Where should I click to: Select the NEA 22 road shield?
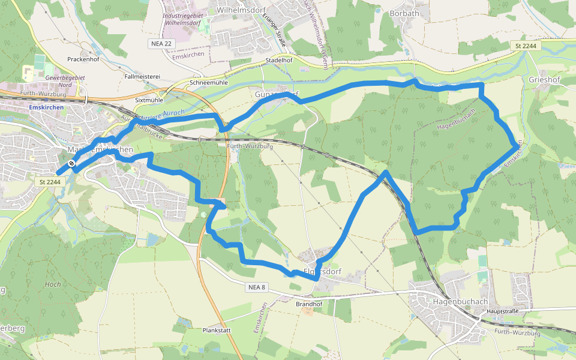[x=160, y=44]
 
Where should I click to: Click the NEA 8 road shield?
[x=256, y=287]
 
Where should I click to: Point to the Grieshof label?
[x=544, y=79]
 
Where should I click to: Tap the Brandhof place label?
[x=309, y=304]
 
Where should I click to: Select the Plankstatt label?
[x=217, y=331]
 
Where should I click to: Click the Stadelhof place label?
[x=282, y=61]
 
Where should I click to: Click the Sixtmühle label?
[x=149, y=100]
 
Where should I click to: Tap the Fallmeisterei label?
[x=142, y=77]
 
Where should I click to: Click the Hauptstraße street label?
[x=503, y=311]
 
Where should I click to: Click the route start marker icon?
[x=71, y=163]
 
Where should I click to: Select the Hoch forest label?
[x=53, y=284]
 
